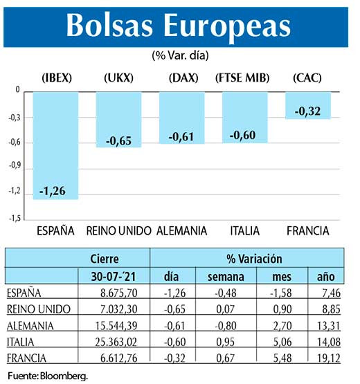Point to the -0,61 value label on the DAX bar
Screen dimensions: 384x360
(x=182, y=136)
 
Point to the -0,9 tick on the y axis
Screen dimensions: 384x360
(x=13, y=167)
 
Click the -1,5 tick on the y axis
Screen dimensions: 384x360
(x=13, y=217)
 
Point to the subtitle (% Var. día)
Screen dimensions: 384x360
(x=179, y=54)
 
